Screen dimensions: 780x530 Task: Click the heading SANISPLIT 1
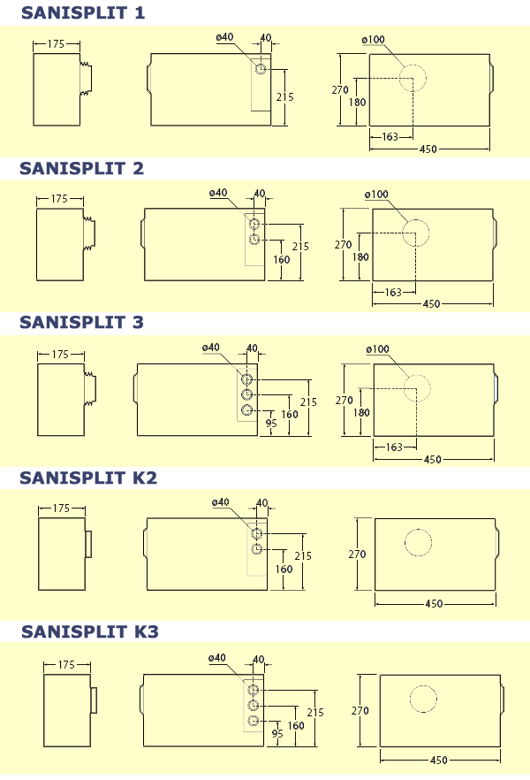click(82, 12)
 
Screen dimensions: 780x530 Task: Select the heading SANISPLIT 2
click(82, 168)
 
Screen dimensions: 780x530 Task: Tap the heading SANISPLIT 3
click(82, 323)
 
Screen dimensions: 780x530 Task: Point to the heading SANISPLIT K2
click(88, 478)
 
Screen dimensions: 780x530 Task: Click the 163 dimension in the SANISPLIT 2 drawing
click(393, 293)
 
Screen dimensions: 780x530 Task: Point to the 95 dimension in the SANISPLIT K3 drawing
click(277, 733)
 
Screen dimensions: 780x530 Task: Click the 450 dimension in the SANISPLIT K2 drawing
click(434, 603)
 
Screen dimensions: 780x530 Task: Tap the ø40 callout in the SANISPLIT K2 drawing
click(221, 502)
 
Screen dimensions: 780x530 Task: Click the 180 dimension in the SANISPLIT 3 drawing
click(360, 411)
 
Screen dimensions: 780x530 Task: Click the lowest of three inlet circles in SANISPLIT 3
click(248, 410)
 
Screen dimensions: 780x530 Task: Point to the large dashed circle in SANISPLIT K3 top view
click(423, 698)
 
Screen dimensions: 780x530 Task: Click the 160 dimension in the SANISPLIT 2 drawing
click(283, 261)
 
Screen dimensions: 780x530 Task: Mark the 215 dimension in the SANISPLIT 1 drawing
click(284, 97)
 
